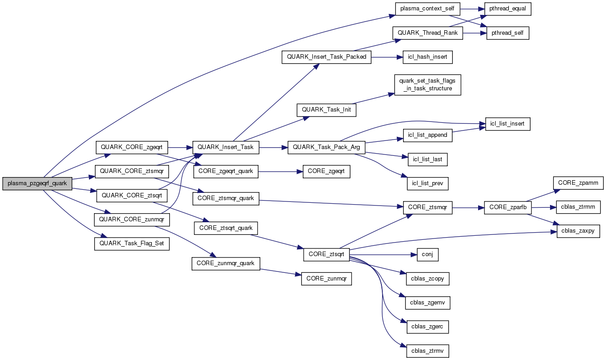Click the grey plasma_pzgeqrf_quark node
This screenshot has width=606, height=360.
pyautogui.click(x=37, y=183)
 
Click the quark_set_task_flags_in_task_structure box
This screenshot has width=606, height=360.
pyautogui.click(x=427, y=85)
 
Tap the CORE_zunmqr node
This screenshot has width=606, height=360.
pyautogui.click(x=326, y=279)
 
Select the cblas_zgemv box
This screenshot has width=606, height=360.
pyautogui.click(x=427, y=303)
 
